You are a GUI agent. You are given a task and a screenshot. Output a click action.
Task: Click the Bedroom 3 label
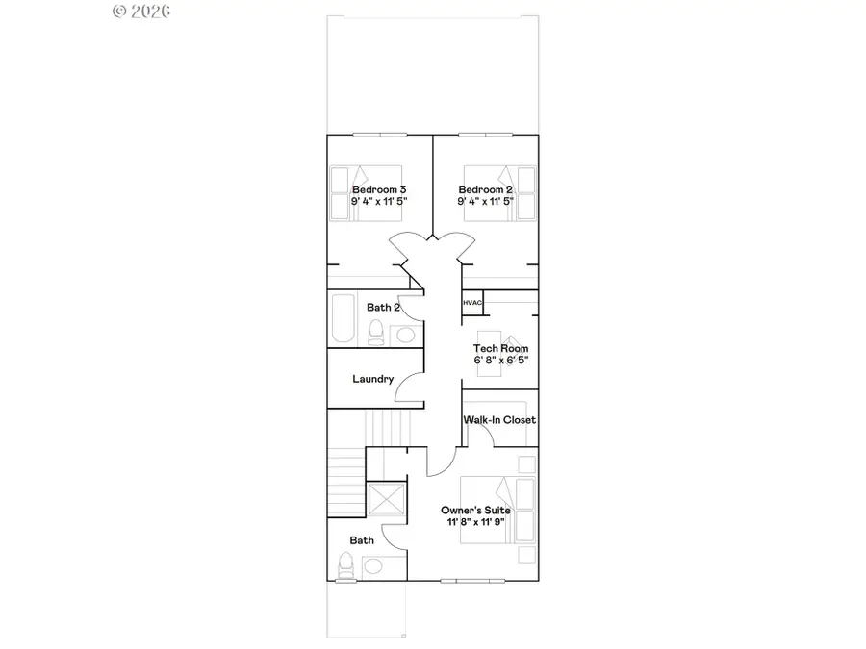[379, 189]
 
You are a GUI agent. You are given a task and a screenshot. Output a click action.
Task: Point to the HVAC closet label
[471, 303]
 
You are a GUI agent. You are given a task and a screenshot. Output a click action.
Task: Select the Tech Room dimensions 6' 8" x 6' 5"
[500, 360]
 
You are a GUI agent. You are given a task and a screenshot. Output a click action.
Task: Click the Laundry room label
[372, 379]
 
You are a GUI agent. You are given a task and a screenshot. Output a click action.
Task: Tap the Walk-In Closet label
[499, 420]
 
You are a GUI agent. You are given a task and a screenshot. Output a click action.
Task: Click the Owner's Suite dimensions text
[475, 521]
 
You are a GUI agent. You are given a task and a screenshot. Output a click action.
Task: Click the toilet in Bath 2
[376, 333]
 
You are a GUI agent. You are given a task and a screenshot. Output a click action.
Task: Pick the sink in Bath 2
[405, 335]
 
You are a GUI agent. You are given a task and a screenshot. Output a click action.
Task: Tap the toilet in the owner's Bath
[346, 565]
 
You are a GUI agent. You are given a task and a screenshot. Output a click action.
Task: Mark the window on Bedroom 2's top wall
[486, 135]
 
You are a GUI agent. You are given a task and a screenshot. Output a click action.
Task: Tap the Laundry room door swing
[412, 388]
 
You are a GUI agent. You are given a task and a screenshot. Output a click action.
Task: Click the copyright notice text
[141, 12]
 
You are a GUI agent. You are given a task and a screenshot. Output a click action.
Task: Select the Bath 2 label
[383, 308]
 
